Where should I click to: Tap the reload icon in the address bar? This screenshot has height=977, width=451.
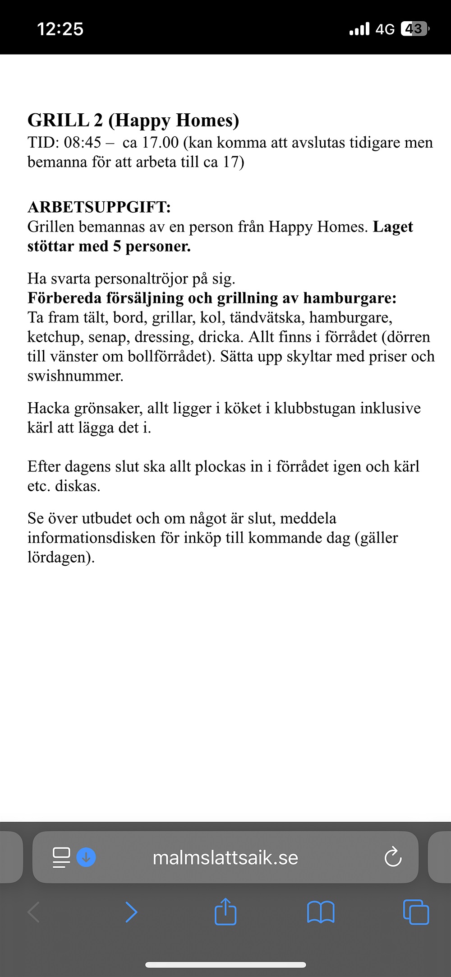393,857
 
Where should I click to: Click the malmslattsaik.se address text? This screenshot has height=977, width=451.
225,858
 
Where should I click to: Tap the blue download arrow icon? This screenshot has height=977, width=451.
86,857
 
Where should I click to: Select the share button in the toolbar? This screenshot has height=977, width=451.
225,912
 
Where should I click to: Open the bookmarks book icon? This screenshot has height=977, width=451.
321,912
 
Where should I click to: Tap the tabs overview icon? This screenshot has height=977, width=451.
416,912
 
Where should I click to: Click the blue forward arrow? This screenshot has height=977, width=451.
131,912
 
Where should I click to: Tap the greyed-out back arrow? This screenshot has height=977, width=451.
34,912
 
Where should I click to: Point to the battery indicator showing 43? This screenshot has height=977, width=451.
414,29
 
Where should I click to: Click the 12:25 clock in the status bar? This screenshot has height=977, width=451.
60,29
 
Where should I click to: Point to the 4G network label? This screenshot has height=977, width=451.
385,29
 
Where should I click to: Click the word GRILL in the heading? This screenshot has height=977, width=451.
58,121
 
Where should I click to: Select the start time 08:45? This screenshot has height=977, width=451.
83,143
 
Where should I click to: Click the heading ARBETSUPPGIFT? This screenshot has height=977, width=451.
99,207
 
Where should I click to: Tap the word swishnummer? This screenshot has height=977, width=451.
75,376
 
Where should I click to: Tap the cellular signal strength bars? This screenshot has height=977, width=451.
359,29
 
